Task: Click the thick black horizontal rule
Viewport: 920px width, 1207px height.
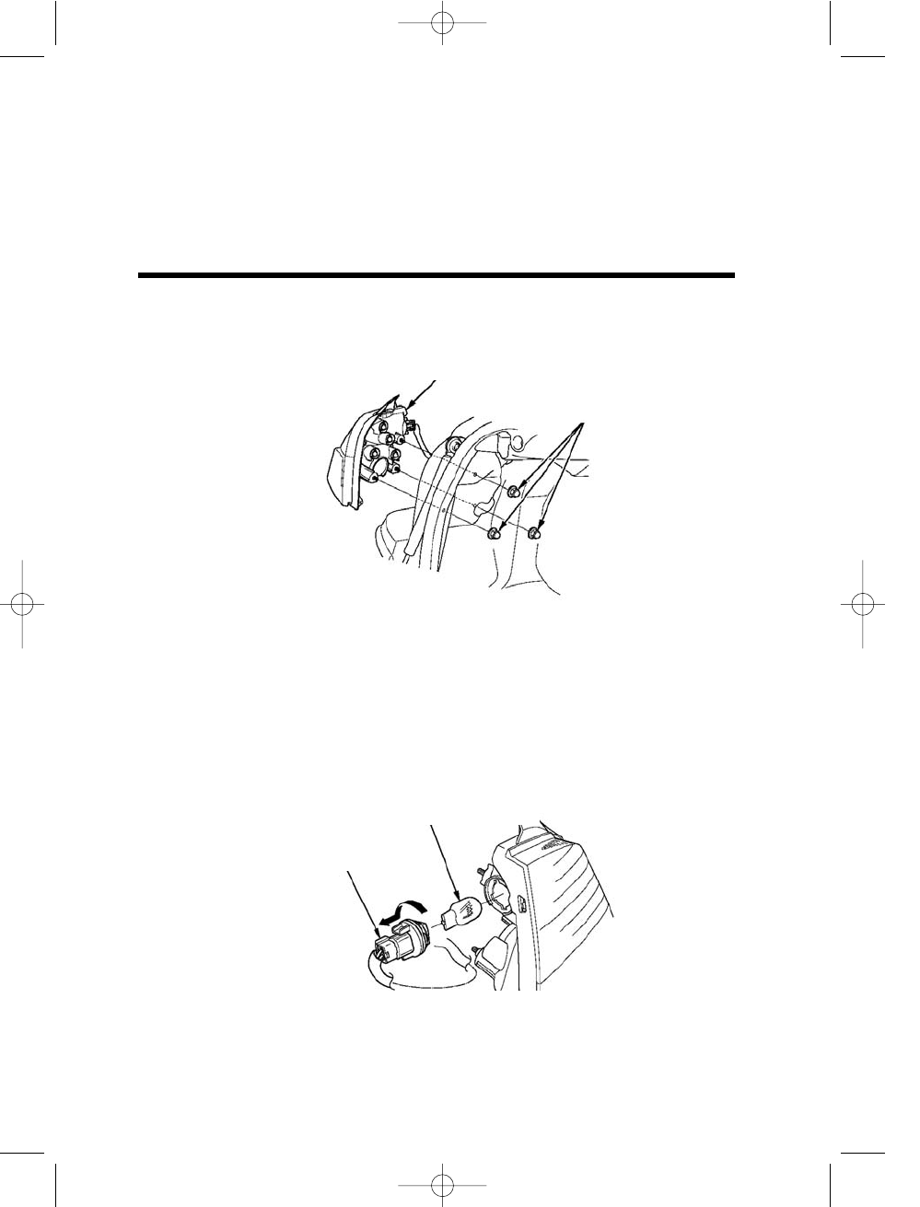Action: tap(437, 274)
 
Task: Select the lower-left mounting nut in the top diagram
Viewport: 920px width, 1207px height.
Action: tap(495, 532)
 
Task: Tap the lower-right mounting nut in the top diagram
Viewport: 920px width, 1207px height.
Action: tap(534, 532)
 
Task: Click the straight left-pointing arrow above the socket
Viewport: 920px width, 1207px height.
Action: tap(385, 921)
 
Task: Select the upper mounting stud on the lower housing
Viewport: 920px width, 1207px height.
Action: tap(481, 870)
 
